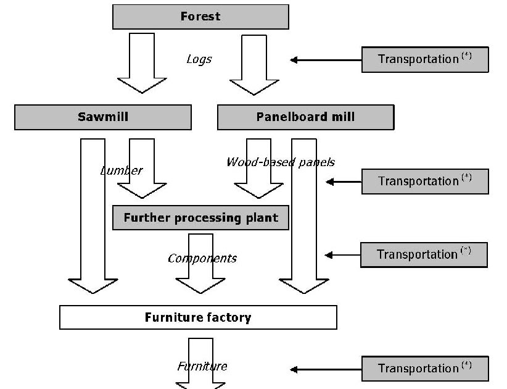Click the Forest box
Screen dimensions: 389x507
coord(200,17)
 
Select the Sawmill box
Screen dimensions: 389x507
coord(103,117)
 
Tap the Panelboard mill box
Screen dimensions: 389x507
coord(305,117)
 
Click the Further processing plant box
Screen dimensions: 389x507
coord(200,218)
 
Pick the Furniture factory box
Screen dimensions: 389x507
coord(198,317)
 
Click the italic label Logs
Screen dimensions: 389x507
coord(199,59)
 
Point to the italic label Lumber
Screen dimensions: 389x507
coord(122,170)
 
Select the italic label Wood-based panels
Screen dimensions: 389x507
coord(281,162)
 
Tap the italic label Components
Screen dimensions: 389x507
coord(202,258)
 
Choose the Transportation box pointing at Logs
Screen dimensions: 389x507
coord(425,60)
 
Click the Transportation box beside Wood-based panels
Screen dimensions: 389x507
coord(425,182)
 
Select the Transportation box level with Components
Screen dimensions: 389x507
coord(424,254)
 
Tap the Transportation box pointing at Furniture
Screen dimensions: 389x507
coord(425,369)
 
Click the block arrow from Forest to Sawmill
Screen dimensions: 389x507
coord(142,62)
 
